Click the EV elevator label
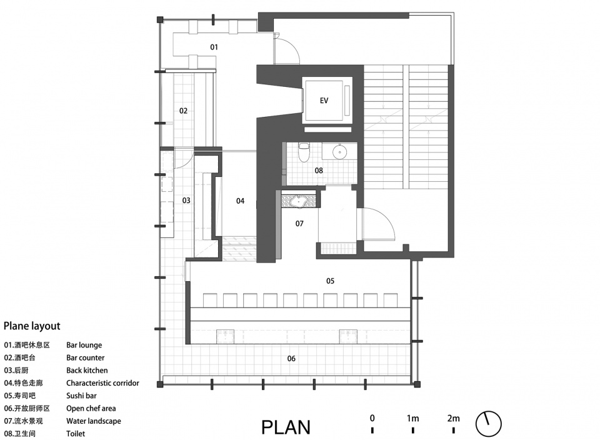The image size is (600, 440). [x=324, y=101]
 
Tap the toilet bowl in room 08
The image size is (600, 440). [x=304, y=152]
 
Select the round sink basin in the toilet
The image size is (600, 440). [x=339, y=152]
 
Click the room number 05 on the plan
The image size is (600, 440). [x=330, y=281]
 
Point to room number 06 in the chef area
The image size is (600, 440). [x=291, y=359]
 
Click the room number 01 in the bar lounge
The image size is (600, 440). [x=214, y=47]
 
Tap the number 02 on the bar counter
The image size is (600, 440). [x=183, y=111]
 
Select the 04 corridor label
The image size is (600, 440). [x=240, y=201]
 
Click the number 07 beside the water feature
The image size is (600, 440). [x=299, y=224]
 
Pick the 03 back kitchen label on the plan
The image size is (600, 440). [x=186, y=201]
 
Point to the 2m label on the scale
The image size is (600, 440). [x=454, y=419]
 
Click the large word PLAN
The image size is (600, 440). [x=286, y=427]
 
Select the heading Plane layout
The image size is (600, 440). [x=32, y=326]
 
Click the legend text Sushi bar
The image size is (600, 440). [x=81, y=396]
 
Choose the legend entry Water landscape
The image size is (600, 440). [x=94, y=421]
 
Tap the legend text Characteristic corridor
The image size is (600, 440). [x=103, y=383]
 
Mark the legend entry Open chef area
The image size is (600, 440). [x=91, y=409]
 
